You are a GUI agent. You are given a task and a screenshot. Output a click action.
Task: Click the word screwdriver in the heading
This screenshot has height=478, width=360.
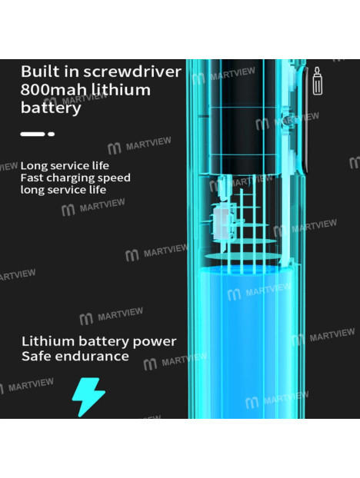[x=132, y=71]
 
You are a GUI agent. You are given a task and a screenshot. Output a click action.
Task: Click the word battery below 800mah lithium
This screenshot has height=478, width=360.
[x=51, y=108]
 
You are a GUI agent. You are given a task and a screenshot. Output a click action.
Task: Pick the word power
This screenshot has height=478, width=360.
[x=155, y=342]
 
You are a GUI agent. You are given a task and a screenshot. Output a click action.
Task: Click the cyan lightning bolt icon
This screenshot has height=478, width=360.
[x=88, y=397]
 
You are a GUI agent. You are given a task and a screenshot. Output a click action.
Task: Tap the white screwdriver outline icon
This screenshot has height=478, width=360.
[x=317, y=81]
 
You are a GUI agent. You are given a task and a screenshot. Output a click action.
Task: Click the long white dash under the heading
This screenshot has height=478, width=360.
[x=32, y=134]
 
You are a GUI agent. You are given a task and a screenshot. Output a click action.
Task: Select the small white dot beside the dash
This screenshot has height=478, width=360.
[x=52, y=134]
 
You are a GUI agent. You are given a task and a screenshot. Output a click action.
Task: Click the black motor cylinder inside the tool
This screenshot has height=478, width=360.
[x=242, y=118]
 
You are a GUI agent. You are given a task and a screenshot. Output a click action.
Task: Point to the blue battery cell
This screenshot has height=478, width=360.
[x=247, y=341]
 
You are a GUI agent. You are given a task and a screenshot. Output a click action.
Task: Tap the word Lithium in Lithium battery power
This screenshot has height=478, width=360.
[x=48, y=341]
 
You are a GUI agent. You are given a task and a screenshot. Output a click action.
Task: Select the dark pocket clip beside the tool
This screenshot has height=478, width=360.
[x=305, y=119]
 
